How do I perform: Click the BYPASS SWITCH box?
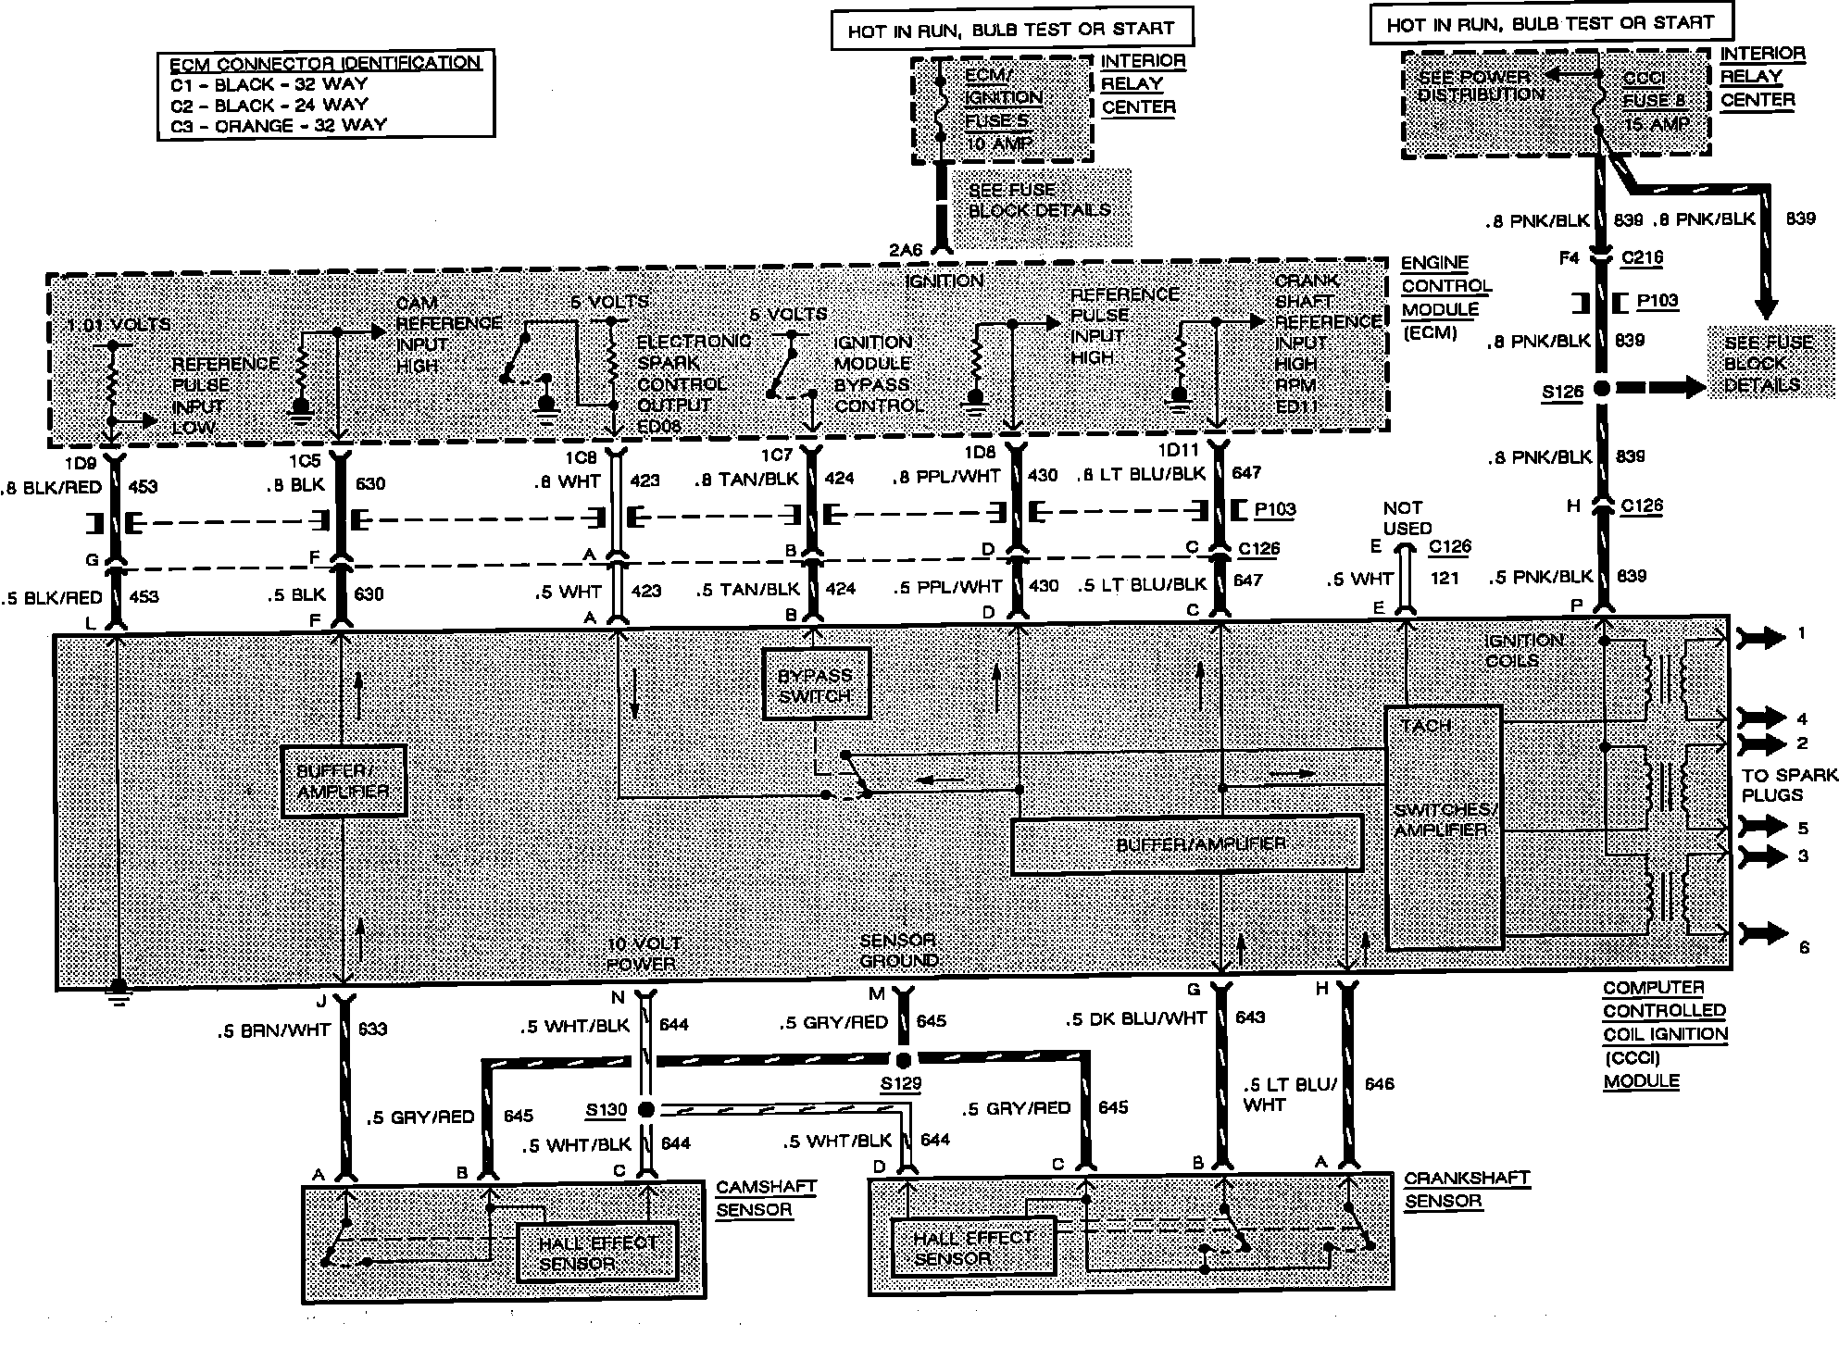coord(816,684)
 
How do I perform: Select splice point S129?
coord(903,1060)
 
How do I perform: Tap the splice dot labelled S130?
coord(646,1109)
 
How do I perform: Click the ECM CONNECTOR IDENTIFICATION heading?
coord(325,63)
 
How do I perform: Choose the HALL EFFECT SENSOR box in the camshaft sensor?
coord(597,1253)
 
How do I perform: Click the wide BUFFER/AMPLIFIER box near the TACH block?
coord(1187,844)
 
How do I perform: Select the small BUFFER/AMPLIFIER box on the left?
coord(344,781)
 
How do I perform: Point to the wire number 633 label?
coord(373,1029)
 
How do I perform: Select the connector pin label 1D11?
coord(1178,451)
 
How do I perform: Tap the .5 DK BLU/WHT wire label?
coord(1135,1018)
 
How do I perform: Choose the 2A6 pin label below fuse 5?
coord(905,249)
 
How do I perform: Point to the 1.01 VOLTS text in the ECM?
coord(119,325)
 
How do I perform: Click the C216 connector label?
coord(1642,258)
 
